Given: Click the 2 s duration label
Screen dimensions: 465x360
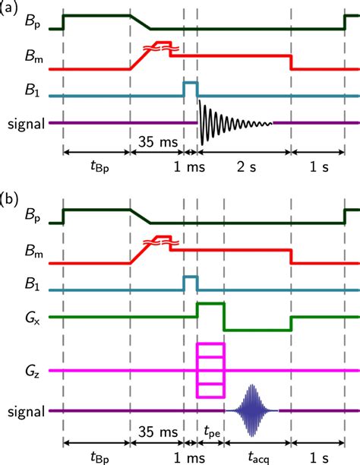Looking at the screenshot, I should (x=242, y=167).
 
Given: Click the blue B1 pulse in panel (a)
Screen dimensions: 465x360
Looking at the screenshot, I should (x=190, y=88).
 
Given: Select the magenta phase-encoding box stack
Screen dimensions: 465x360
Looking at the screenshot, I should (x=210, y=370).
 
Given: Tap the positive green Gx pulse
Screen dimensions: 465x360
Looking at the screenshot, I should (x=210, y=308).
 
